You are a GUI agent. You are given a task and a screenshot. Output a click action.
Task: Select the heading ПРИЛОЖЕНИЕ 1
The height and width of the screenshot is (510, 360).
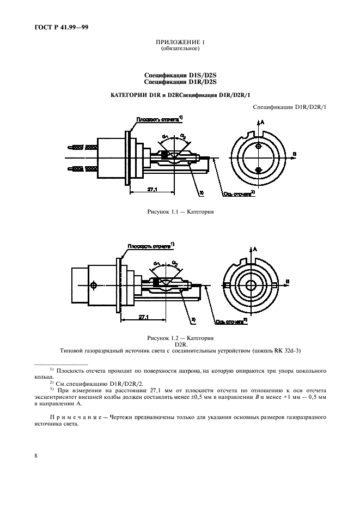[180, 42]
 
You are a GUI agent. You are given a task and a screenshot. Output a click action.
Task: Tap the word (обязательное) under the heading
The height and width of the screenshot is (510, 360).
[180, 49]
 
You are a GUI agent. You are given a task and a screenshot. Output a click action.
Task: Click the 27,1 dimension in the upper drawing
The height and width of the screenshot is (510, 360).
[152, 189]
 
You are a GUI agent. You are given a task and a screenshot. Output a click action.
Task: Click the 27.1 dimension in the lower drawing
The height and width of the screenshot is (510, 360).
[144, 317]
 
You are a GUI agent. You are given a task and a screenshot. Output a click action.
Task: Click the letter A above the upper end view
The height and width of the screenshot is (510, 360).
[263, 123]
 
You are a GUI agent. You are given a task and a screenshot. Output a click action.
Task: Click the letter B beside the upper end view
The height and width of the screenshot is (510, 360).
[295, 155]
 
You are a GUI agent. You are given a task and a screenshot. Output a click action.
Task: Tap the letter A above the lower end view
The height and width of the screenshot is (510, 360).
[255, 249]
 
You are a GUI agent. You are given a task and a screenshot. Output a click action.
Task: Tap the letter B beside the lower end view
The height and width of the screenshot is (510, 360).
[287, 282]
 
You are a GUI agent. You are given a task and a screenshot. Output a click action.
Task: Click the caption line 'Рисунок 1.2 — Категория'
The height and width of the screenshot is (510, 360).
[180, 338]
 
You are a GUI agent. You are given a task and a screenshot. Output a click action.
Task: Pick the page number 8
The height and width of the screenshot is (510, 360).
[35, 455]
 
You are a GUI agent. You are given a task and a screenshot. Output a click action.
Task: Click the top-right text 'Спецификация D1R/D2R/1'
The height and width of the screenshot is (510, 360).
[290, 107]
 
